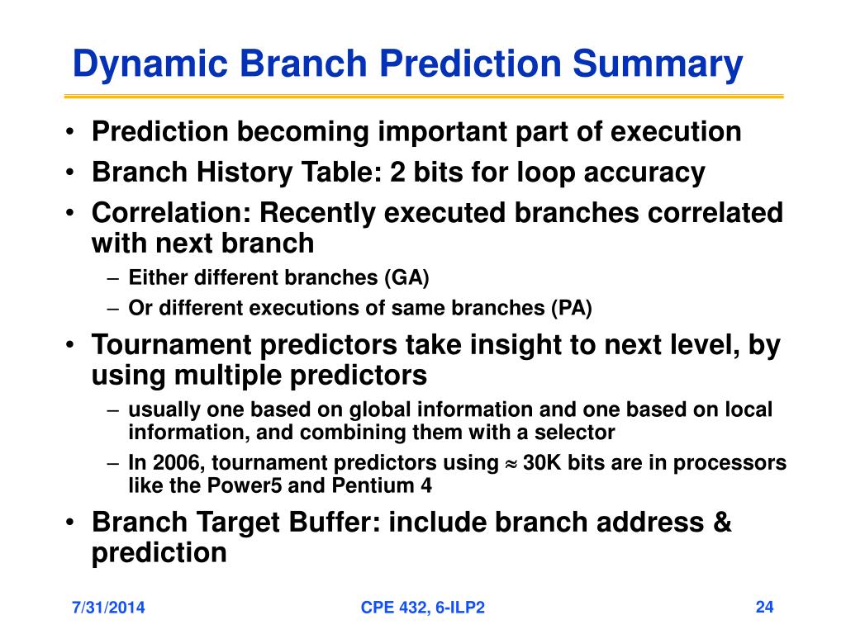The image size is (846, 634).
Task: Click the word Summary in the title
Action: [x=657, y=64]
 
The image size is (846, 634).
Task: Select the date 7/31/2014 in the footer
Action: [x=108, y=608]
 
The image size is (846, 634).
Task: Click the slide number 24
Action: [x=764, y=607]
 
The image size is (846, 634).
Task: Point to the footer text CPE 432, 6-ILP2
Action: [x=422, y=608]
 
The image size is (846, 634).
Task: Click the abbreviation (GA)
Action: [x=406, y=277]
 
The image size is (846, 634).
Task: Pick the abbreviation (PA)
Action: [x=572, y=308]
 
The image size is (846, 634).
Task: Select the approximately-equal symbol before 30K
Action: [x=511, y=464]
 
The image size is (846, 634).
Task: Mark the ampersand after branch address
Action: [x=721, y=522]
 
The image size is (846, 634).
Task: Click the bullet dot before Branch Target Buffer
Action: [x=69, y=522]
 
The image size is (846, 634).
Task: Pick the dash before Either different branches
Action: [x=112, y=279]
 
